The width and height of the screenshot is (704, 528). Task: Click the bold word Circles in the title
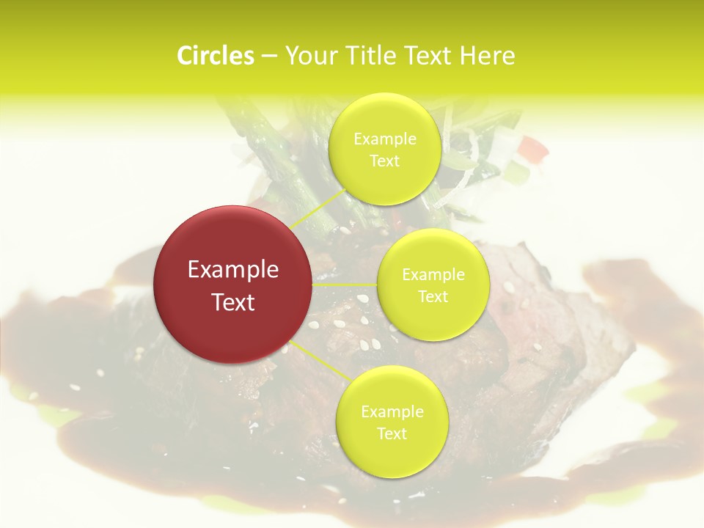216,56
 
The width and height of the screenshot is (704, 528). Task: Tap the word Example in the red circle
233,270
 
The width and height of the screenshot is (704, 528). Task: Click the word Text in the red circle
233,302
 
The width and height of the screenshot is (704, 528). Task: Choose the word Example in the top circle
385,139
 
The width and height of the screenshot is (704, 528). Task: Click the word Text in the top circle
384,161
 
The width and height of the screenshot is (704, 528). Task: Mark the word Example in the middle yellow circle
433,275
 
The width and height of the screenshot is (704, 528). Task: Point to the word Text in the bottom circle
392,433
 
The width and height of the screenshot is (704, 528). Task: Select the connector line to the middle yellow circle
345,285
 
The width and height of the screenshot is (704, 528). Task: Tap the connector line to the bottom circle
321,362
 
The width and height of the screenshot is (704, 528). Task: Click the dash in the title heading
269,56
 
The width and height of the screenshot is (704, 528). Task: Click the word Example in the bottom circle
392,412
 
